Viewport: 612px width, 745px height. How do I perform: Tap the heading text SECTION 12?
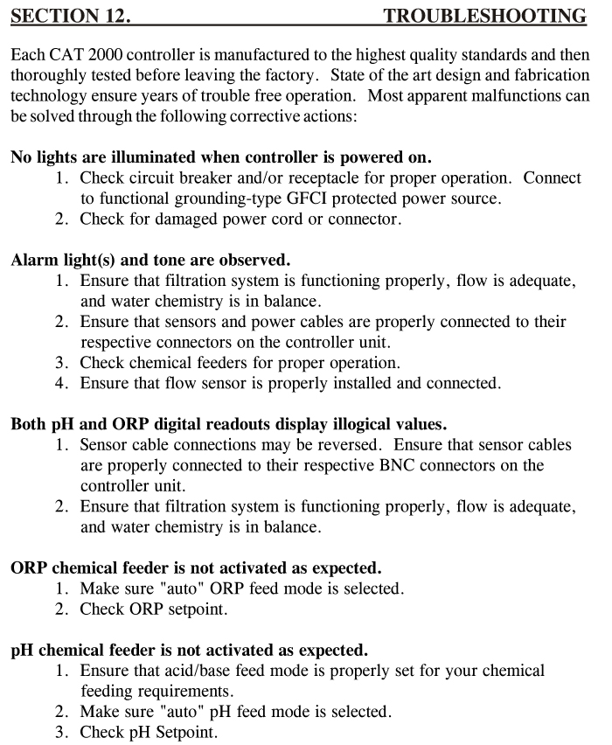coord(67,17)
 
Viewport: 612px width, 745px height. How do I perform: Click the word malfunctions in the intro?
coord(511,96)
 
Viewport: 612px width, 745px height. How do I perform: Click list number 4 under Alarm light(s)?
coord(62,382)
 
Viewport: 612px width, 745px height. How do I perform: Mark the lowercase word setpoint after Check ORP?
coord(209,609)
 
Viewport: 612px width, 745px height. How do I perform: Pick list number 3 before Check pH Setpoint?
coord(62,732)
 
